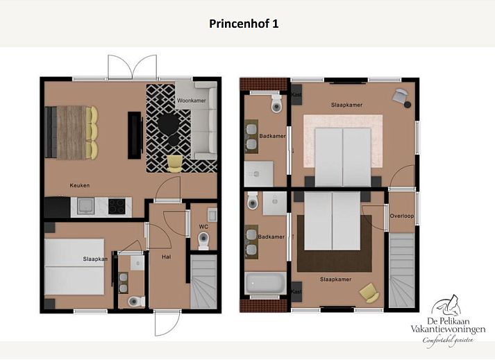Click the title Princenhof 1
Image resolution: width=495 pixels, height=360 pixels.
pyautogui.click(x=244, y=24)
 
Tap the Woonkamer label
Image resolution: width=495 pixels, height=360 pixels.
pyautogui.click(x=192, y=101)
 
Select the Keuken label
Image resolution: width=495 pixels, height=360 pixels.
pyautogui.click(x=80, y=185)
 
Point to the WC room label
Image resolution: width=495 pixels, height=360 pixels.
pyautogui.click(x=203, y=226)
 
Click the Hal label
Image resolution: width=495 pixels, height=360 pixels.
pyautogui.click(x=167, y=257)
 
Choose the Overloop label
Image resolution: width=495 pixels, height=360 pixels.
pyautogui.click(x=401, y=216)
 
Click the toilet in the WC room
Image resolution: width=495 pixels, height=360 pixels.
pyautogui.click(x=203, y=241)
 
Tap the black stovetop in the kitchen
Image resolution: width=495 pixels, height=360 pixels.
pyautogui.click(x=117, y=206)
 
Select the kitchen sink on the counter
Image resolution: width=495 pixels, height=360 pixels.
pyautogui.click(x=85, y=206)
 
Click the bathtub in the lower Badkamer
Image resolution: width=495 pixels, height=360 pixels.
pyautogui.click(x=265, y=282)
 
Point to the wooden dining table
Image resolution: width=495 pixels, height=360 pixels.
pyautogui.click(x=71, y=132)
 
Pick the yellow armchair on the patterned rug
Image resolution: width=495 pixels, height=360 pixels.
pyautogui.click(x=174, y=164)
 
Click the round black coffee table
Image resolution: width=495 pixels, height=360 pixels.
pyautogui.click(x=168, y=124)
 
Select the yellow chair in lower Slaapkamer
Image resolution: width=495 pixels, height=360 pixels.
pyautogui.click(x=369, y=293)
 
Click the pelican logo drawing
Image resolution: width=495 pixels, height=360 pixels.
pyautogui.click(x=446, y=306)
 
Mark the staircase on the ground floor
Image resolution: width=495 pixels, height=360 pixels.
pyautogui.click(x=203, y=282)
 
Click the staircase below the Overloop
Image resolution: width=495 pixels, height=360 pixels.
pyautogui.click(x=401, y=270)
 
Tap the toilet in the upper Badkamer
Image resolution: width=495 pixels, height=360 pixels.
pyautogui.click(x=276, y=103)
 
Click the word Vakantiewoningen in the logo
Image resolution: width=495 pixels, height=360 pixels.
pyautogui.click(x=448, y=329)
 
